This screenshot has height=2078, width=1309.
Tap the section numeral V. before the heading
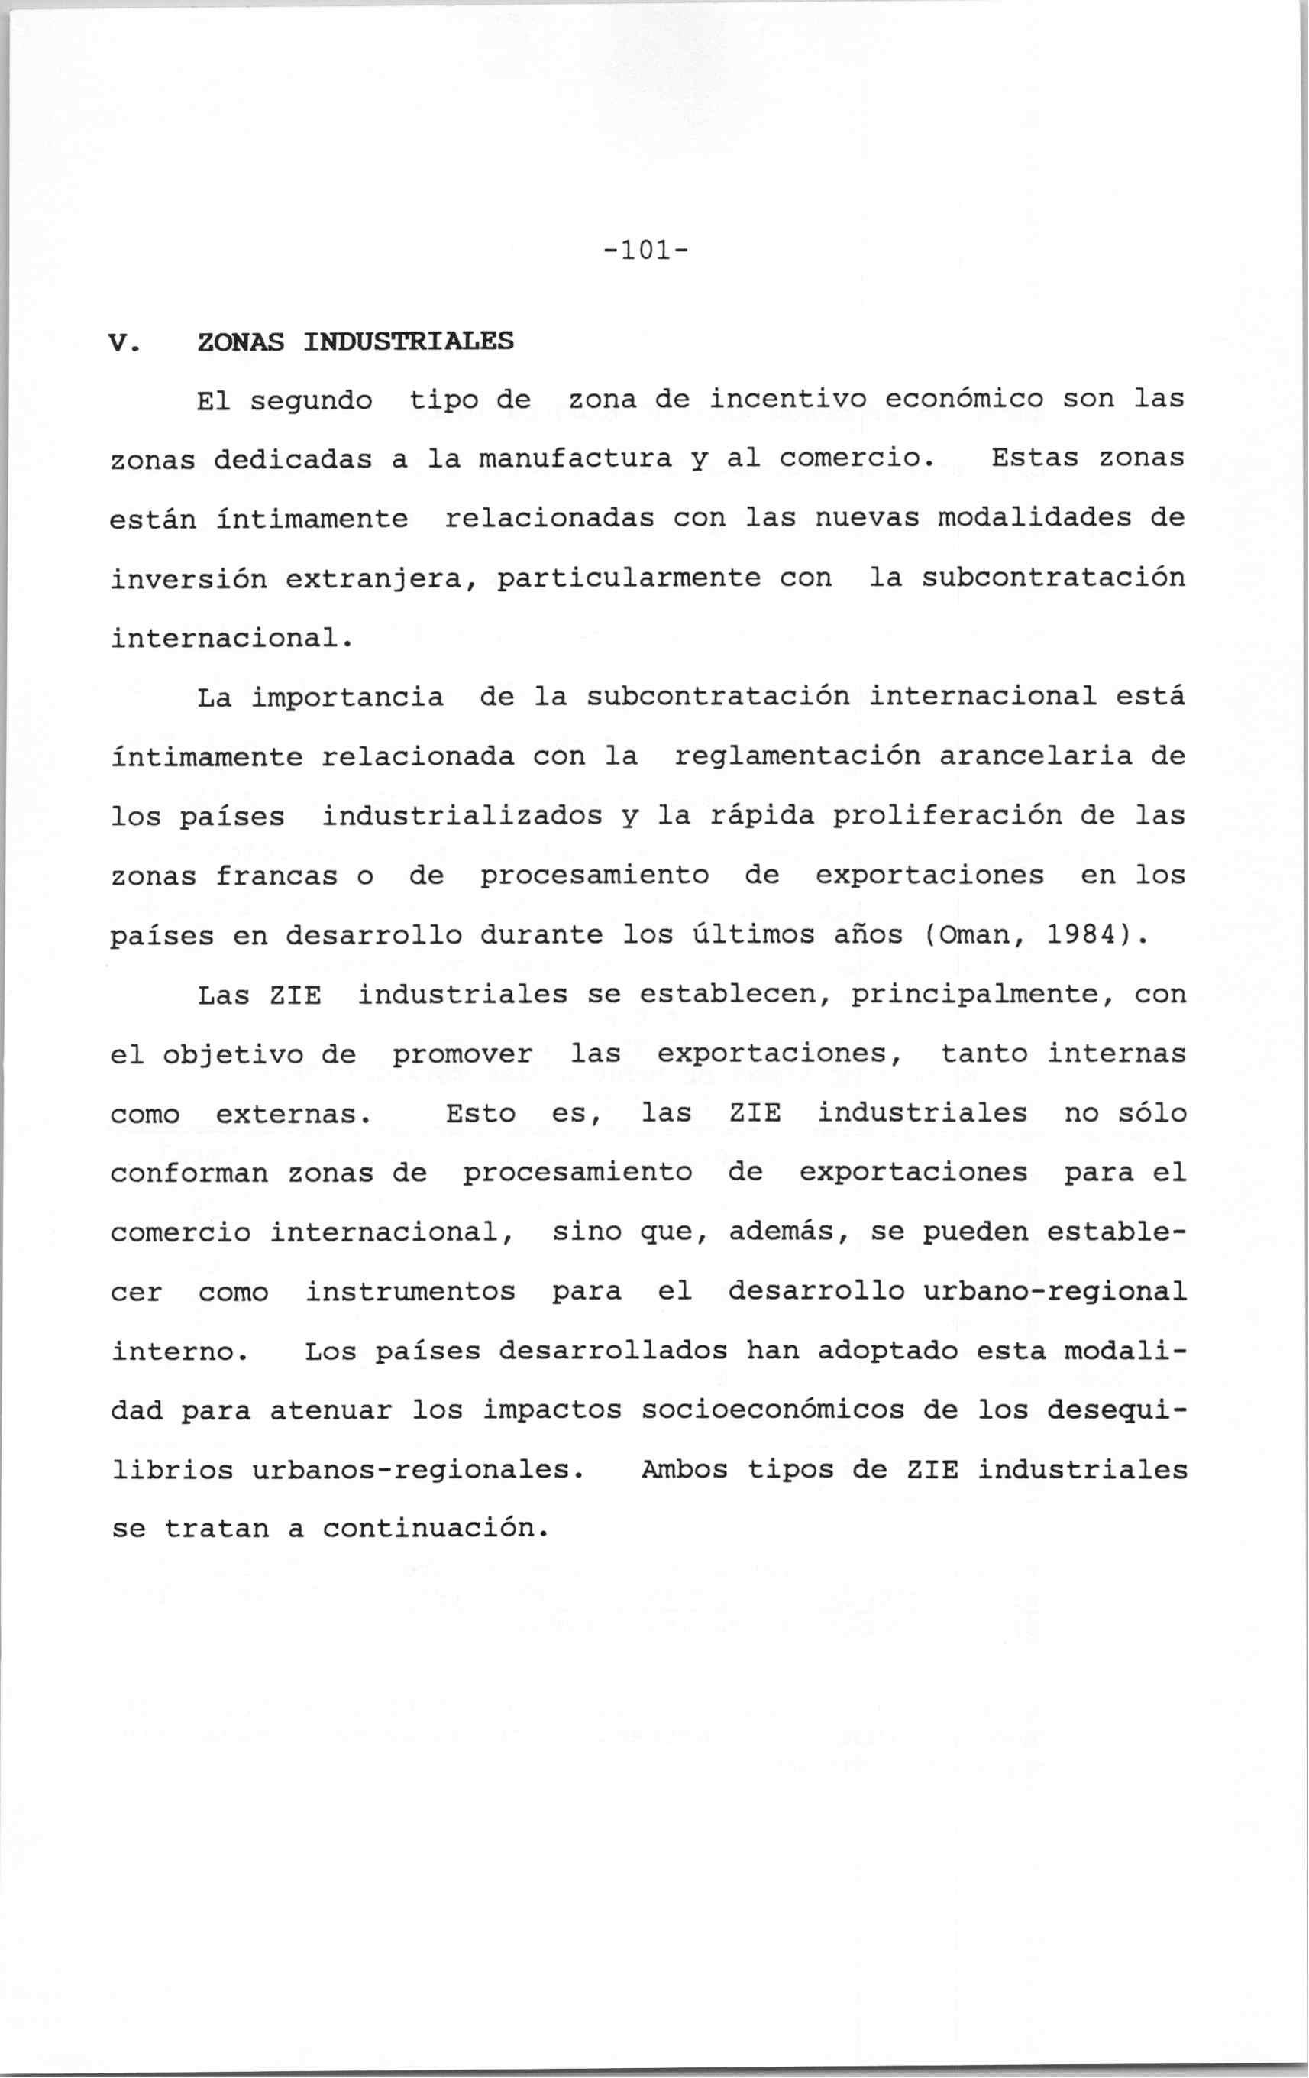pyautogui.click(x=124, y=342)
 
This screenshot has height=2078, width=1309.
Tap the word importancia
pyautogui.click(x=347, y=698)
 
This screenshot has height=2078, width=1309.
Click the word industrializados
pyautogui.click(x=463, y=817)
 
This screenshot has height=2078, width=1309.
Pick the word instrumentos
pyautogui.click(x=410, y=1293)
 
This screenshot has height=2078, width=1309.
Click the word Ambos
pyautogui.click(x=685, y=1471)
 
